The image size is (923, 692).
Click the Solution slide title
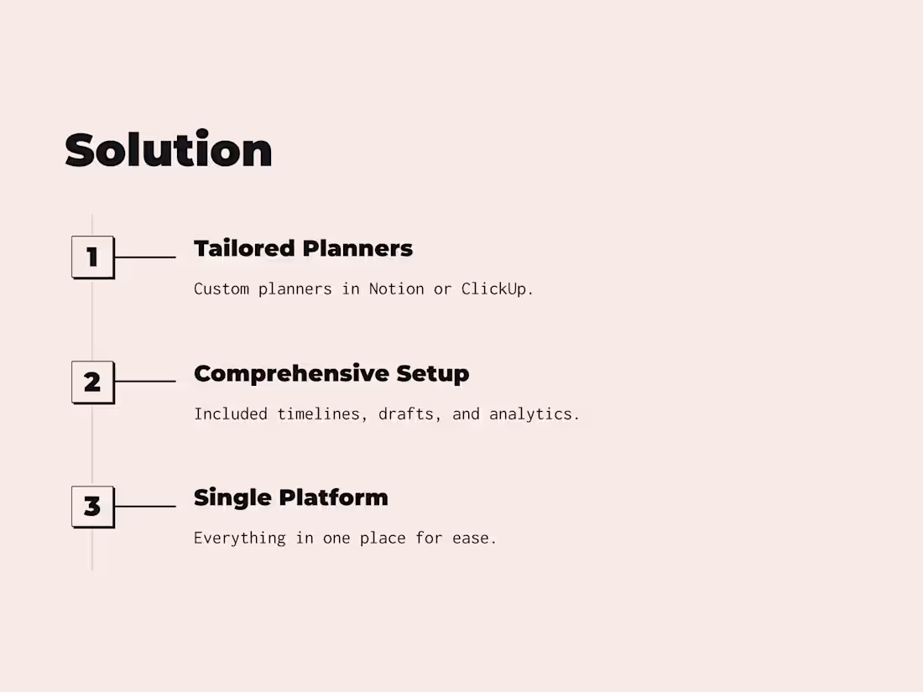click(x=169, y=150)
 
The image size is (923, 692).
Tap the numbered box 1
click(x=92, y=257)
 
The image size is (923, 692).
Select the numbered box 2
click(x=92, y=382)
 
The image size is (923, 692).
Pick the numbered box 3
click(x=92, y=507)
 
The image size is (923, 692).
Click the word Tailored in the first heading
click(x=244, y=248)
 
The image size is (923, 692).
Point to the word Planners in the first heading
click(x=357, y=248)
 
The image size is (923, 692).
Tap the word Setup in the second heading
click(x=433, y=373)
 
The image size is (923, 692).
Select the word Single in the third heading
click(x=232, y=497)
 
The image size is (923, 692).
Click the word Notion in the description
click(x=396, y=289)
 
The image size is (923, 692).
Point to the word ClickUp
click(x=497, y=289)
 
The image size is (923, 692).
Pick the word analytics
click(x=534, y=414)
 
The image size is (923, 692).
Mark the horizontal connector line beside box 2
click(x=145, y=382)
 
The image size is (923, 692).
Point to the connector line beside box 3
click(x=145, y=507)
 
